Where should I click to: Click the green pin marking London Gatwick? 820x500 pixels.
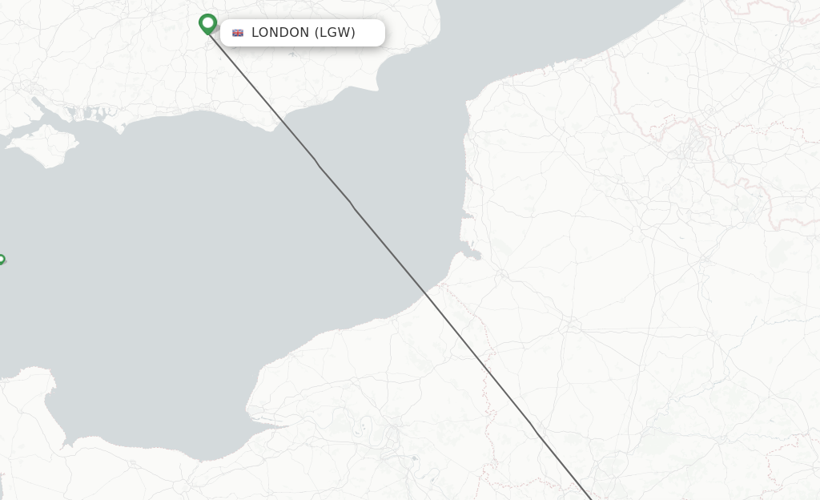[x=208, y=23]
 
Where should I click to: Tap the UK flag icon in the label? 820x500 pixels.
[x=238, y=33]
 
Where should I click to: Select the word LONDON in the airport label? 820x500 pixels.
[x=280, y=33]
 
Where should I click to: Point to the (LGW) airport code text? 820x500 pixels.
[x=336, y=33]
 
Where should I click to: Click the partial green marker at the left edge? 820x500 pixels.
[x=2, y=260]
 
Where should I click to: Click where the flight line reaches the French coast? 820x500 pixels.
[x=427, y=295]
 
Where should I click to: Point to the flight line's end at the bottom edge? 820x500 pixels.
[x=591, y=498]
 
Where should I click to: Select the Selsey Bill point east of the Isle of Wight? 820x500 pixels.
[x=120, y=128]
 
